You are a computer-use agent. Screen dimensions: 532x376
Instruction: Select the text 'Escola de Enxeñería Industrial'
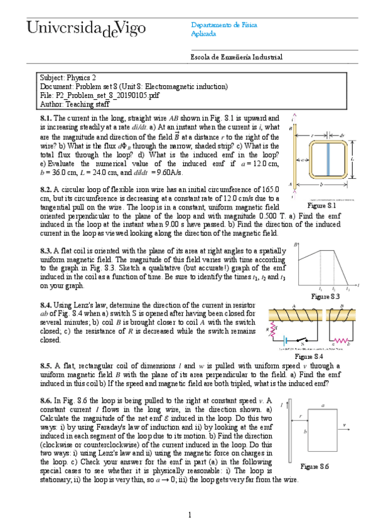[x=236, y=57]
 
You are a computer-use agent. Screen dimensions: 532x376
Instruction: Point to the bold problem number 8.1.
[x=46, y=118]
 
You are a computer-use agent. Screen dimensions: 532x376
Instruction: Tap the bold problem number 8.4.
[x=46, y=303]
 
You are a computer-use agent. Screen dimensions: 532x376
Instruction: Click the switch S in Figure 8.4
[x=300, y=342]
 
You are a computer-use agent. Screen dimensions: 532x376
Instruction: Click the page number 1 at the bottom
[x=189, y=515]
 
